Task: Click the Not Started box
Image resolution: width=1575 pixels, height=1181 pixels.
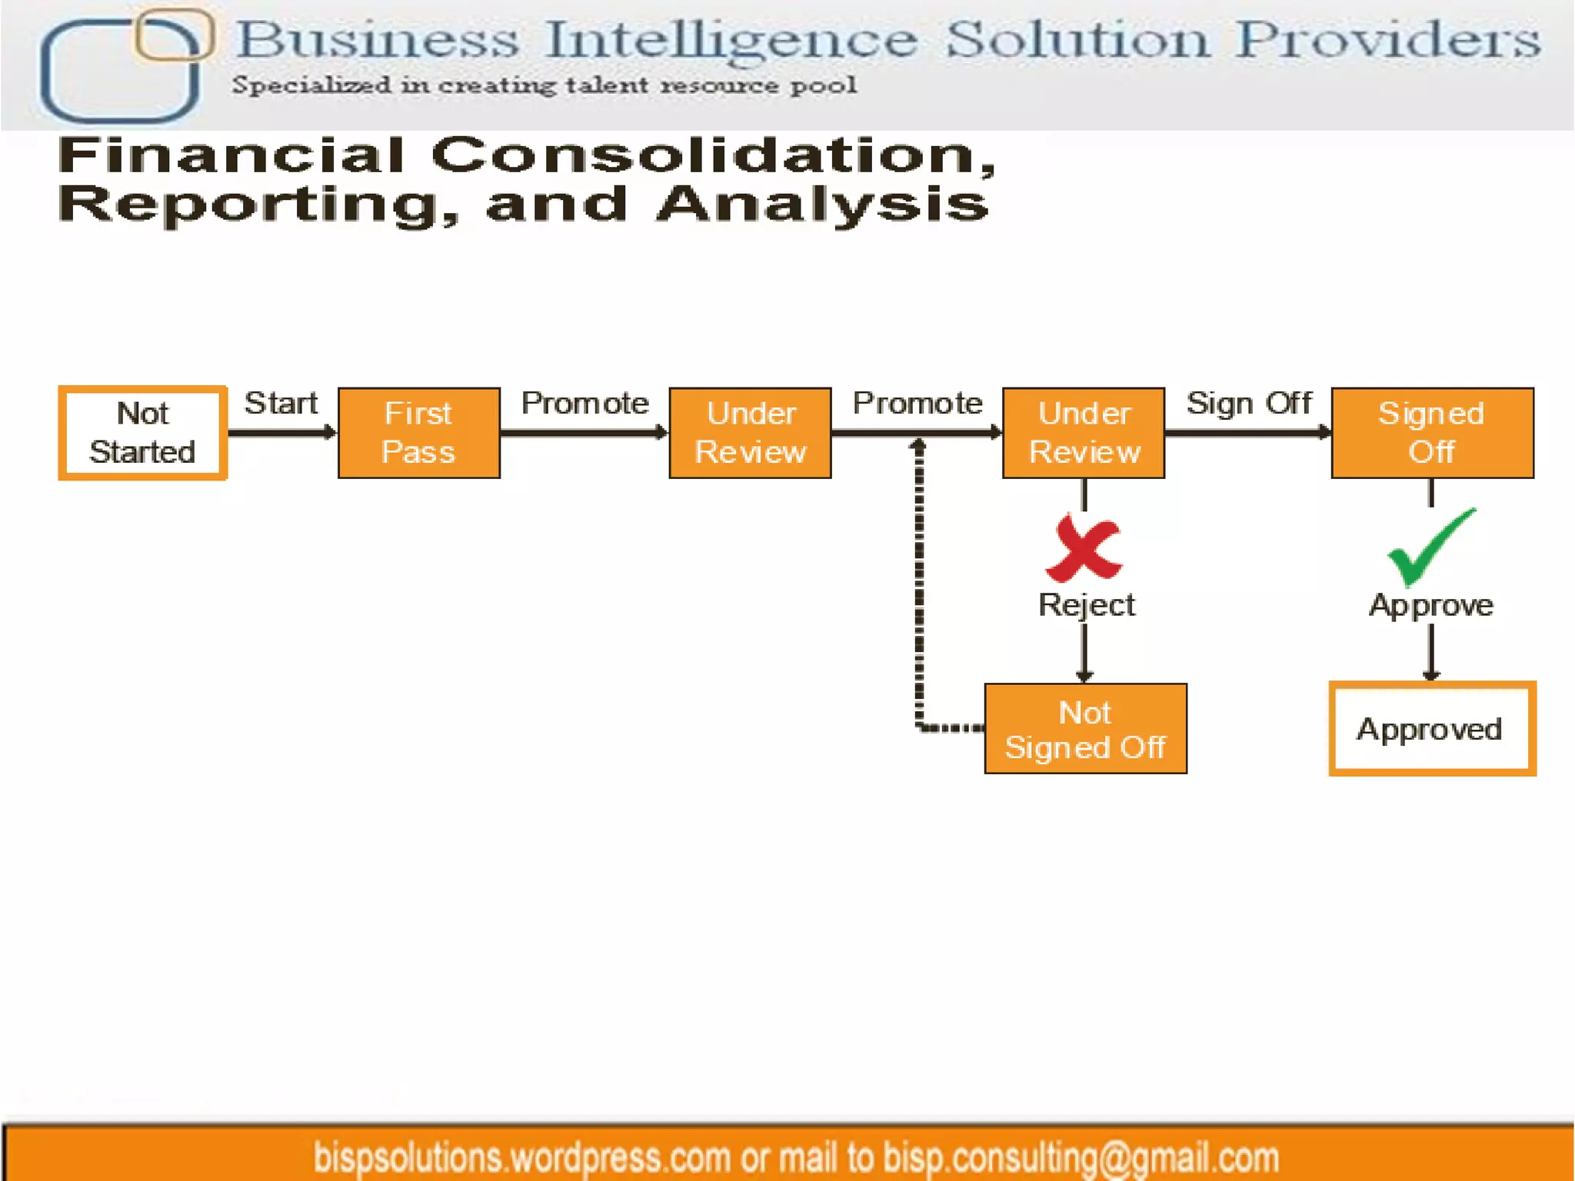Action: (142, 433)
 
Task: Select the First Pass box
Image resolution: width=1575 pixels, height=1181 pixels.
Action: (419, 433)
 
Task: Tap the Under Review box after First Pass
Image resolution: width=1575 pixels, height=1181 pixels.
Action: (750, 433)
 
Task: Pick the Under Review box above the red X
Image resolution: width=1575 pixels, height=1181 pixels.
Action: (1084, 433)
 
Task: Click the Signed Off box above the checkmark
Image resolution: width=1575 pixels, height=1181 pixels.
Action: (1432, 433)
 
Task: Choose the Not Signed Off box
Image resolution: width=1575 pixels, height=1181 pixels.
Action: (1085, 729)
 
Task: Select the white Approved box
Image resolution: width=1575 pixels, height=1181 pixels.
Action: (1431, 729)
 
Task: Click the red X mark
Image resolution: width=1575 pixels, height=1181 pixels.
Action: (1084, 549)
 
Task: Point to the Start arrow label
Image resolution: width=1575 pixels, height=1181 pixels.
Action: (281, 404)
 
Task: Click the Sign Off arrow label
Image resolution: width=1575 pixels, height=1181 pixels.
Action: (1248, 404)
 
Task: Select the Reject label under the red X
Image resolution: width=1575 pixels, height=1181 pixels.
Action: (1086, 605)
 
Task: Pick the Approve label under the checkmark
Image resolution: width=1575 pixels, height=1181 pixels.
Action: (1431, 606)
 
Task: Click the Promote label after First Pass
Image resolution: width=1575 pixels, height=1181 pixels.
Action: (584, 404)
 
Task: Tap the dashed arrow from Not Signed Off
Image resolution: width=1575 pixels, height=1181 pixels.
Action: (919, 600)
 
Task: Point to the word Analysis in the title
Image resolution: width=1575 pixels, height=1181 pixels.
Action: (823, 205)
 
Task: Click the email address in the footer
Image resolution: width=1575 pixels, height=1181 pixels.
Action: (1081, 1158)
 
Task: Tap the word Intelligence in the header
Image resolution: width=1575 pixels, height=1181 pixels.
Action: (731, 40)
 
